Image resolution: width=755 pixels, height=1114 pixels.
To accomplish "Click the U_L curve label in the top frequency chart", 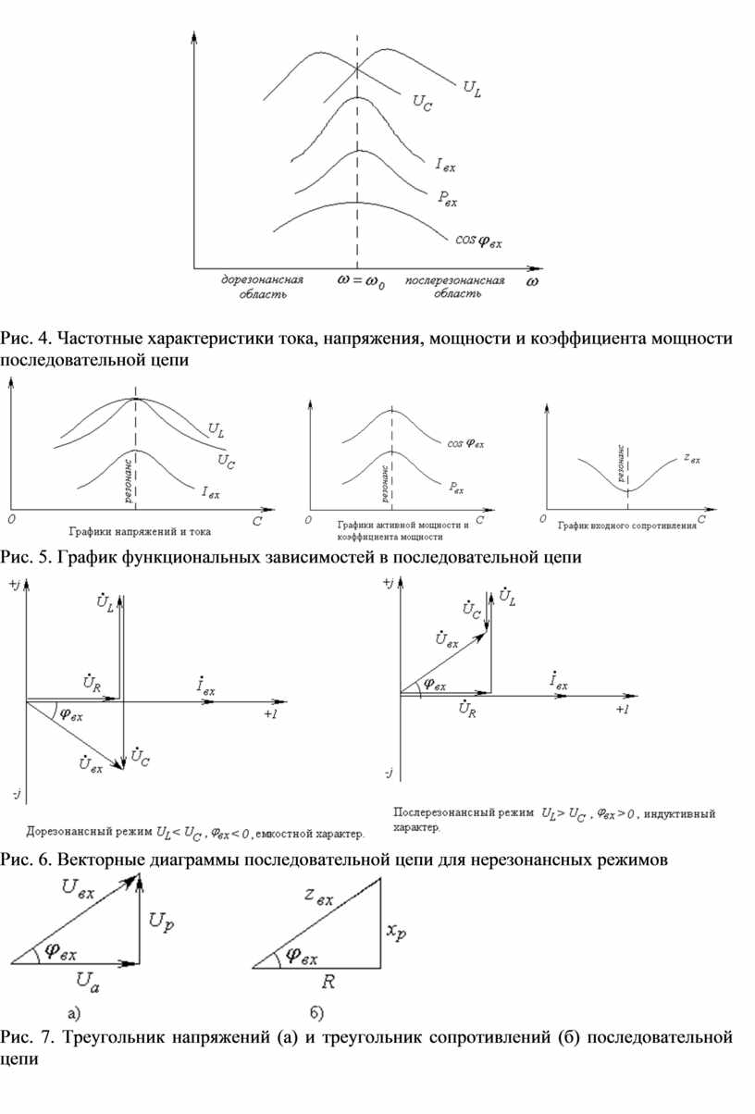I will pyautogui.click(x=471, y=89).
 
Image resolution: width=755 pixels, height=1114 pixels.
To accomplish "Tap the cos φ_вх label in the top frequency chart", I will pyautogui.click(x=479, y=241).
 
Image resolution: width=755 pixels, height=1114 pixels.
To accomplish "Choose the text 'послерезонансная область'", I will pyautogui.click(x=455, y=287).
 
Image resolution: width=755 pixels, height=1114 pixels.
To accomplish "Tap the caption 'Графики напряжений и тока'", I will pyautogui.click(x=140, y=531).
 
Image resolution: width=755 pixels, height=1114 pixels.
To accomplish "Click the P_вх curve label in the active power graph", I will pyautogui.click(x=456, y=486).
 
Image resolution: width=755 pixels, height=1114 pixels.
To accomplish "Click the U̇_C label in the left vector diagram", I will pyautogui.click(x=141, y=757).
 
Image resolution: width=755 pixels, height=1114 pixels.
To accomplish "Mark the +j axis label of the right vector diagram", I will pyautogui.click(x=388, y=582).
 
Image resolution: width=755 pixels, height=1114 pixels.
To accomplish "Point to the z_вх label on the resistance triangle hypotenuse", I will pyautogui.click(x=317, y=897).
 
